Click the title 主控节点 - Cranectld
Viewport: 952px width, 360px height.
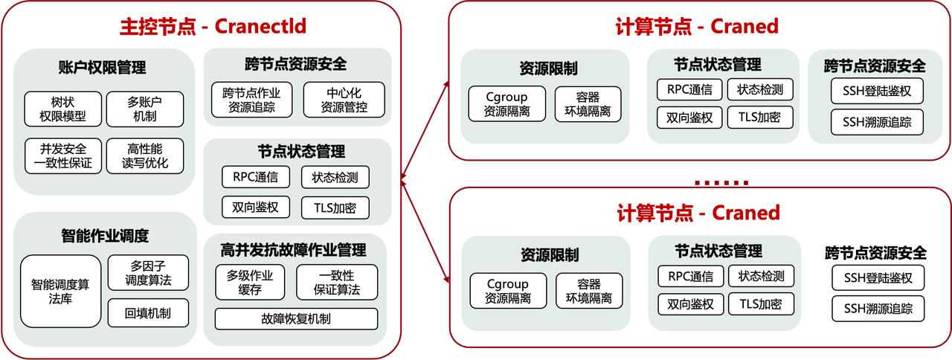(213, 26)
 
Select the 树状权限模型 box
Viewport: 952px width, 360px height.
(62, 109)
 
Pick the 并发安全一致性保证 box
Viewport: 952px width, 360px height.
(62, 155)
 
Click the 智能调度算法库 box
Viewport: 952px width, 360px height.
(60, 291)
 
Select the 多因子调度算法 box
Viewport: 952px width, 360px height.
(148, 273)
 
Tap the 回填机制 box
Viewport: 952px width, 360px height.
(148, 313)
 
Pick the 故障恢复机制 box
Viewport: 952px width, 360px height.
(296, 319)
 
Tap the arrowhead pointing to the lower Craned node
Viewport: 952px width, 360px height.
(445, 280)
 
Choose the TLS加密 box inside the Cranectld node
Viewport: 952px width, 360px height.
(335, 208)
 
